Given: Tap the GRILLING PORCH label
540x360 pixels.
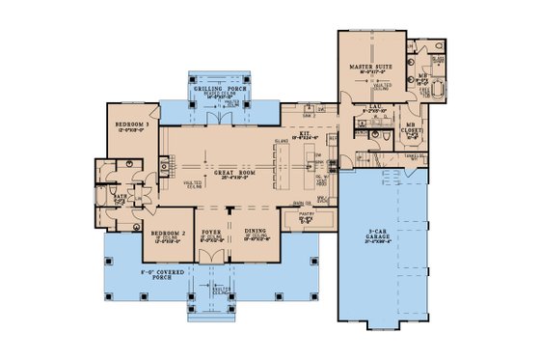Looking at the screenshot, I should [213, 89].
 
